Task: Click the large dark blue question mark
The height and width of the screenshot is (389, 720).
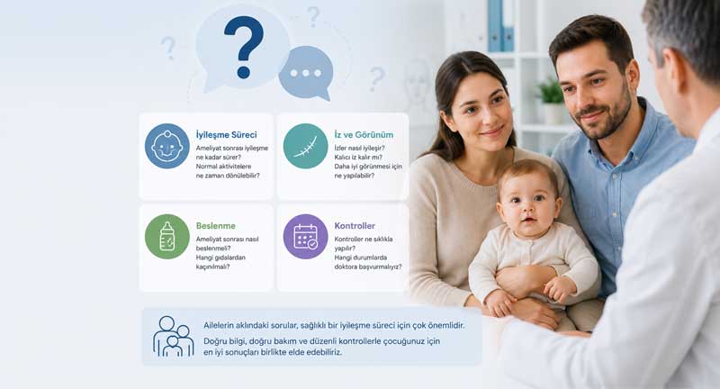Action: (x=244, y=46)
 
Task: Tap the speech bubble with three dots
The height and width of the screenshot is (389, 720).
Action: (x=306, y=73)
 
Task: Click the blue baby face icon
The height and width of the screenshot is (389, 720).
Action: (x=167, y=146)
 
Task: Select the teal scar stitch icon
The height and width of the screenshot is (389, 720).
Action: (x=305, y=146)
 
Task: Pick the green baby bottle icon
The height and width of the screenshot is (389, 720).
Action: (x=167, y=237)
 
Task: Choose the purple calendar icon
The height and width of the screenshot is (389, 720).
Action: (x=305, y=237)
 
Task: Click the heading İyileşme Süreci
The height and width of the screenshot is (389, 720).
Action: (x=227, y=135)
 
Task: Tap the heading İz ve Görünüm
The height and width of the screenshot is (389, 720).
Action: (x=364, y=135)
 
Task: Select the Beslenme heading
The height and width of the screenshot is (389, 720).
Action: (x=216, y=226)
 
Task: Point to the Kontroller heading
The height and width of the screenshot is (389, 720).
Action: (x=355, y=226)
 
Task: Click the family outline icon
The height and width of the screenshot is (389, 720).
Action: (x=173, y=336)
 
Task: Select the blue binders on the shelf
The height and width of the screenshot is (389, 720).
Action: (x=501, y=25)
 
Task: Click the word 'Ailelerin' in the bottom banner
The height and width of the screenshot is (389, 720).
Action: (x=219, y=326)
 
